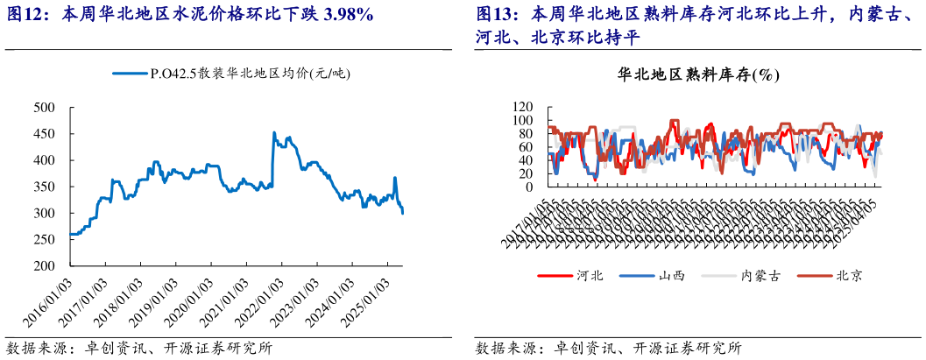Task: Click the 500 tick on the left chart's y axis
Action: click(x=44, y=108)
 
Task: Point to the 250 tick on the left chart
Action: click(x=44, y=239)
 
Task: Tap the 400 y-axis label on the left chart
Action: click(x=44, y=160)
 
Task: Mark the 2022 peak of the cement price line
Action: click(x=274, y=133)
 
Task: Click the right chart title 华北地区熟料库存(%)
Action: click(x=698, y=75)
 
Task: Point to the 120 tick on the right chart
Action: click(x=524, y=107)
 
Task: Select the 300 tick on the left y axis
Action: click(x=44, y=213)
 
